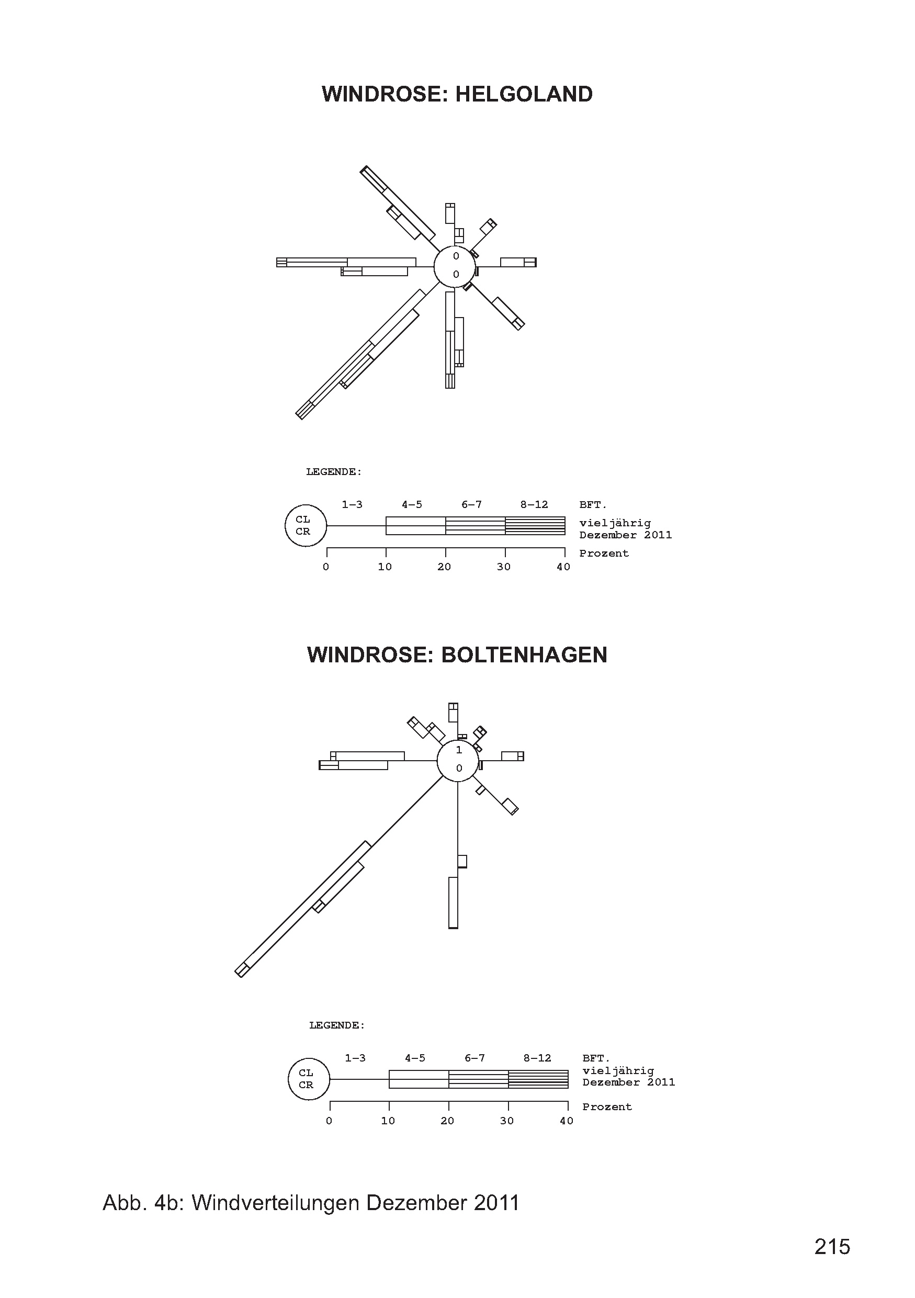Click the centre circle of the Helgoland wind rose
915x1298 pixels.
(x=455, y=266)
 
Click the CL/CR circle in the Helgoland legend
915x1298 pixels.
(x=305, y=526)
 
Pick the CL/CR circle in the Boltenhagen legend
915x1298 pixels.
(x=309, y=1079)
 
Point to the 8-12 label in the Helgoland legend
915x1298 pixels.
(x=534, y=505)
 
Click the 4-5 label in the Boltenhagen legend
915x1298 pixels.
(x=415, y=1058)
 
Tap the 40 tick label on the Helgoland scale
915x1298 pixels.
(x=563, y=567)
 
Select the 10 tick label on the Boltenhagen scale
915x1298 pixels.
(x=388, y=1121)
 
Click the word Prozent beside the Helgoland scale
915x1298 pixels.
(x=604, y=554)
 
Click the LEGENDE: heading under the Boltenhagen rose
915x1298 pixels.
(x=337, y=1025)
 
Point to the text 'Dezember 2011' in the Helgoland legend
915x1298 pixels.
(x=625, y=535)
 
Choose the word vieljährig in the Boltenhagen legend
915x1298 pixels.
(x=618, y=1070)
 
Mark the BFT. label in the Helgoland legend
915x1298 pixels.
(x=592, y=505)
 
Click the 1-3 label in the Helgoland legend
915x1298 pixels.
(x=352, y=505)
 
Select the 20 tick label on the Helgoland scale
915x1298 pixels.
(x=444, y=567)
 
